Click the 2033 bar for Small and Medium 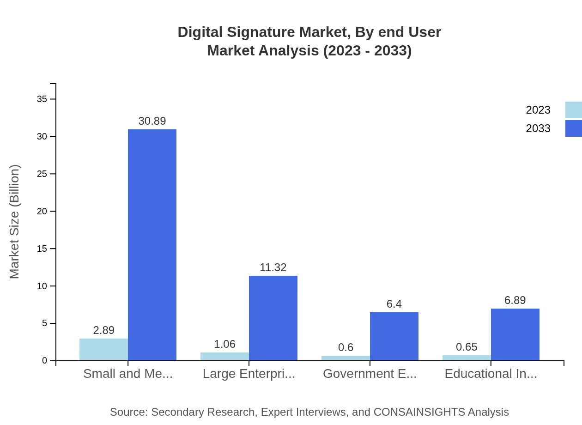point(152,245)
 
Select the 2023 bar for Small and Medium point(103,350)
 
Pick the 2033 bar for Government point(394,336)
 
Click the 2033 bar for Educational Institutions point(515,334)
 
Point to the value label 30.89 point(152,121)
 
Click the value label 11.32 point(273,267)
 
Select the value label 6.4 point(394,304)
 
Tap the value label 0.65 point(467,347)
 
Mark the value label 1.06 point(224,344)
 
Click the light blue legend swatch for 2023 point(573,110)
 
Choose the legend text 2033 point(538,128)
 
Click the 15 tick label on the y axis point(42,249)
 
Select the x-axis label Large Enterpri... point(249,374)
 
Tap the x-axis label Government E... point(370,374)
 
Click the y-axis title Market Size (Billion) point(15,222)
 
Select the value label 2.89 point(103,330)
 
